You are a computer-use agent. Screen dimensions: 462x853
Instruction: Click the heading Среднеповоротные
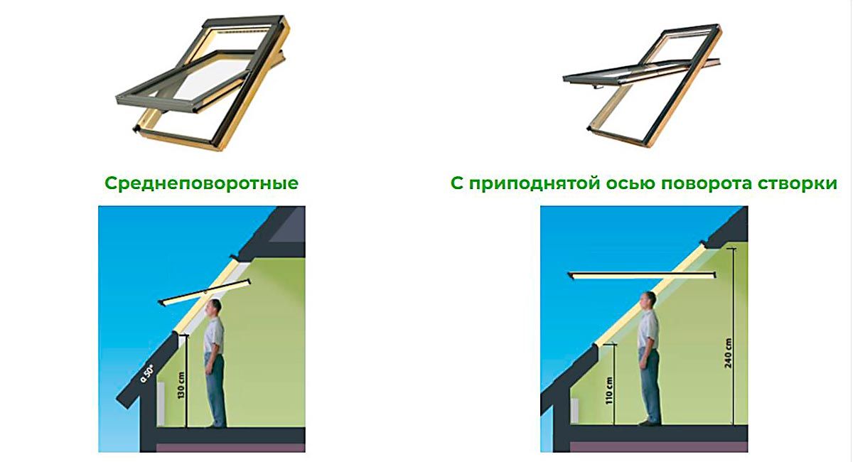tap(201, 183)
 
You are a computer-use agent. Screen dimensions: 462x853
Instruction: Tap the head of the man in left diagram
tap(214, 308)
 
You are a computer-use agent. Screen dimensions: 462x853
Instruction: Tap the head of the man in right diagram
tap(648, 301)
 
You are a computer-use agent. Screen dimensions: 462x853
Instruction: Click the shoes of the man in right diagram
tap(648, 422)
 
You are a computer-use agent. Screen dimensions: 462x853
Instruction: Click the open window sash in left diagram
tap(205, 293)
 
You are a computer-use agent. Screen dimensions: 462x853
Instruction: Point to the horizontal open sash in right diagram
tap(636, 273)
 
